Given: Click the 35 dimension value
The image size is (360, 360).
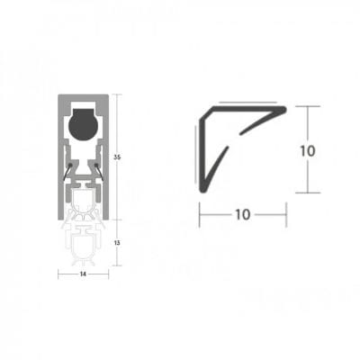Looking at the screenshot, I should pyautogui.click(x=117, y=158).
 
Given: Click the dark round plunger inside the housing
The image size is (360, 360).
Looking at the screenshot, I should pyautogui.click(x=83, y=123).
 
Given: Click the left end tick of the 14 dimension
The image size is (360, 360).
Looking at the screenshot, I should pyautogui.click(x=59, y=274).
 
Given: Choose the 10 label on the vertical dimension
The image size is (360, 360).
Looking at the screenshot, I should pyautogui.click(x=308, y=150).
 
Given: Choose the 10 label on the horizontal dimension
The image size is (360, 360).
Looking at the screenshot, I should pyautogui.click(x=242, y=214).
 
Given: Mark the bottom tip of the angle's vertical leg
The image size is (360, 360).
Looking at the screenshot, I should pyautogui.click(x=200, y=188).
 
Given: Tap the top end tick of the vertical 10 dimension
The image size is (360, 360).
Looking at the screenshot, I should pyautogui.click(x=308, y=107).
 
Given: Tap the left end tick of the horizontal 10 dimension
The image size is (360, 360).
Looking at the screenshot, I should pyautogui.click(x=200, y=214).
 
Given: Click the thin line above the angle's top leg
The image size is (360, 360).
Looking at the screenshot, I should pyautogui.click(x=243, y=103).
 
